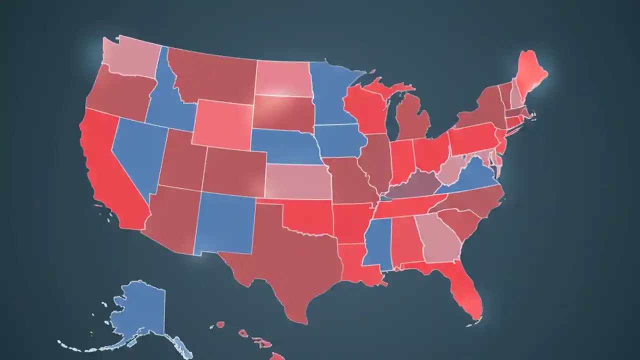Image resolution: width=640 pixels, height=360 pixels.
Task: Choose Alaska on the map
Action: (137, 310)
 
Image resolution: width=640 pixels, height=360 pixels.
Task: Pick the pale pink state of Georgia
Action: (440, 237)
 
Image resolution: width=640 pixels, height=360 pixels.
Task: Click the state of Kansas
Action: (297, 180)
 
